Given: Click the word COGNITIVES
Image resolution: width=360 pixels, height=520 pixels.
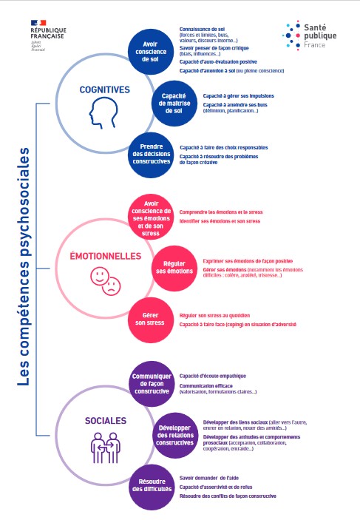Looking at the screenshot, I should point(104,90).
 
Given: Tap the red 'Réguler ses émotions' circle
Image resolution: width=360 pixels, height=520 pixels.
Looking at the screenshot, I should point(174,267).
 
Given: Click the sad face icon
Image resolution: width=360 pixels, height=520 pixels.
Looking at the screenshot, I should point(112,285).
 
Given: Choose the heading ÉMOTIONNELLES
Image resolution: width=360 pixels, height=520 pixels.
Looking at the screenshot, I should point(104,256).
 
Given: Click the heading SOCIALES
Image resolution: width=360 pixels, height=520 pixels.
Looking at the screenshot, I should point(105,421).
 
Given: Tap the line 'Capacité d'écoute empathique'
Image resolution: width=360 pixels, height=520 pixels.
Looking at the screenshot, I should point(212,376).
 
